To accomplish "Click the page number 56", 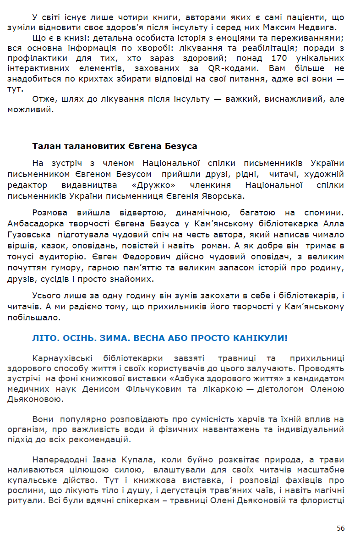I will [x=340, y=528].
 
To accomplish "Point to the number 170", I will [x=279, y=59].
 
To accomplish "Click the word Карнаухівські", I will [x=64, y=358].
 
